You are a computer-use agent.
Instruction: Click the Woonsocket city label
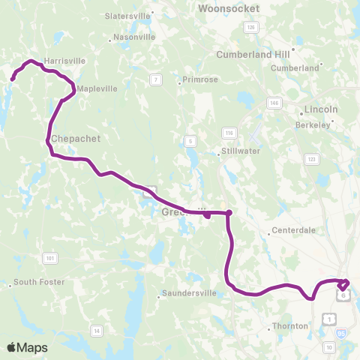[x=229, y=8]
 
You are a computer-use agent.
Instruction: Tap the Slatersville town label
[x=129, y=15]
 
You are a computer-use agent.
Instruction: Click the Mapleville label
[x=97, y=88]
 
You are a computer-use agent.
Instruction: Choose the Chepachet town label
[x=76, y=139]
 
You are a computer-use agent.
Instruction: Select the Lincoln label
[x=321, y=109]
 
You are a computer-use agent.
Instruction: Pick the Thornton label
[x=292, y=326]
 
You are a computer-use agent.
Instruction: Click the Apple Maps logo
[x=27, y=347]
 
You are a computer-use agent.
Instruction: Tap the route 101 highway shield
[x=50, y=259]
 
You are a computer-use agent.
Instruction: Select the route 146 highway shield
[x=274, y=102]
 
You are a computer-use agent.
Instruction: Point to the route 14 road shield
[x=95, y=330]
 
